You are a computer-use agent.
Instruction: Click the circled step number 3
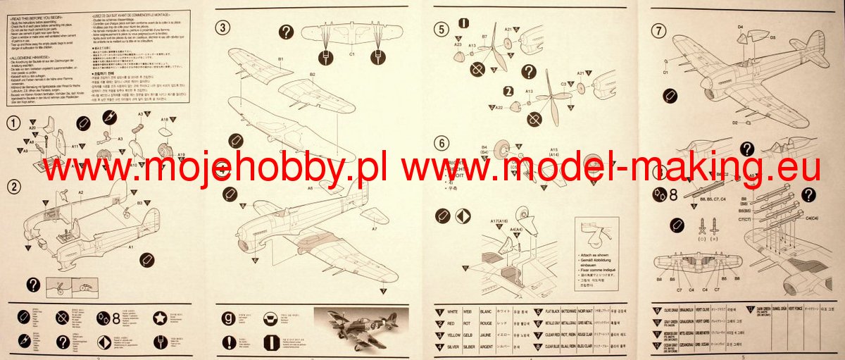(x=223, y=28)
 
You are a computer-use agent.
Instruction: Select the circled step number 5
(x=442, y=30)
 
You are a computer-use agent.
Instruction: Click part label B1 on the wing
(x=280, y=59)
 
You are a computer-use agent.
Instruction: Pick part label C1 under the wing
(x=351, y=54)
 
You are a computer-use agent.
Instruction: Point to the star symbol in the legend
(x=161, y=318)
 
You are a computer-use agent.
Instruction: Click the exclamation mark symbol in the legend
(x=228, y=342)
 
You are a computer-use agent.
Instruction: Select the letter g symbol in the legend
(x=228, y=318)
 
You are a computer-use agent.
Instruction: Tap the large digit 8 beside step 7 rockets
(x=674, y=196)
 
